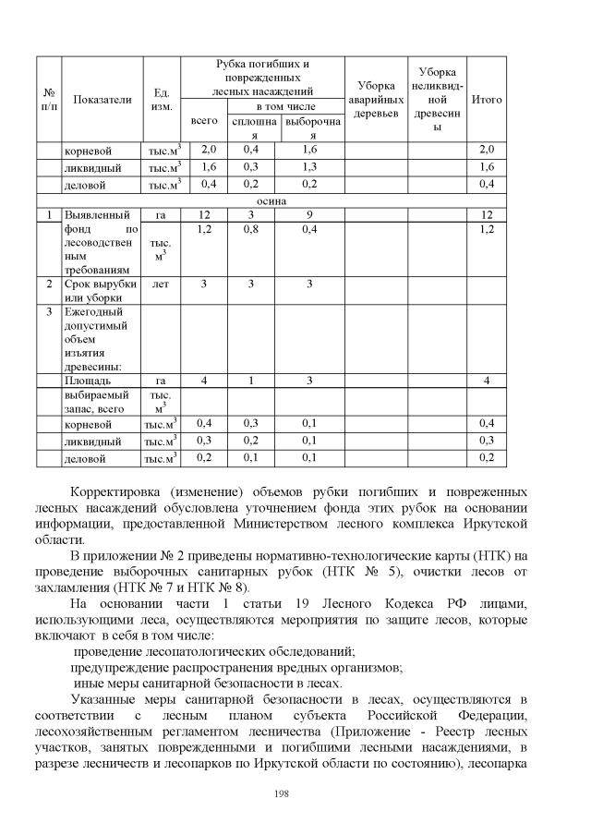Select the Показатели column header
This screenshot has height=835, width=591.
tap(102, 99)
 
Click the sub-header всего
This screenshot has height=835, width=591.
tap(203, 121)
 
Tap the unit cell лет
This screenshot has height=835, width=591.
tap(161, 284)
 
